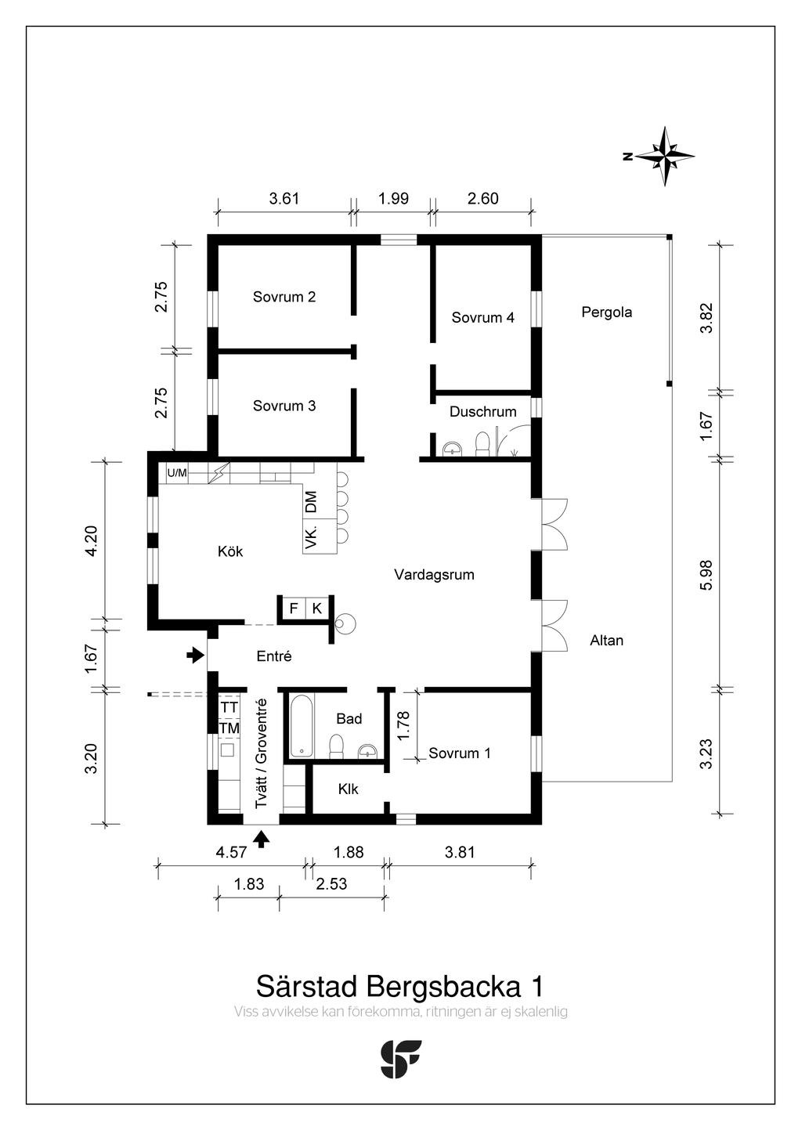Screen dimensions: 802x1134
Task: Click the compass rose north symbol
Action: click(x=664, y=156)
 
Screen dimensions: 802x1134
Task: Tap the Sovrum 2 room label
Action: click(x=284, y=297)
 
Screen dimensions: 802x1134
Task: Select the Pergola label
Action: click(x=606, y=312)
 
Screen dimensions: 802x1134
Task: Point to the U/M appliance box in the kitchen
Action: click(x=177, y=473)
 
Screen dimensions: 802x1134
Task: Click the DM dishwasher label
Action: click(x=311, y=501)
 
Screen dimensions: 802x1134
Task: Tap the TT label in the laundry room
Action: click(x=229, y=707)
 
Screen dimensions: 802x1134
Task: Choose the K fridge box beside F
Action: click(x=317, y=608)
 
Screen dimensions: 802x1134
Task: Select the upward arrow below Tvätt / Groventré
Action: click(x=262, y=839)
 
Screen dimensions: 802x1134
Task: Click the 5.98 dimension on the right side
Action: click(x=706, y=575)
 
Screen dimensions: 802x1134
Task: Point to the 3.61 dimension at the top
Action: click(x=284, y=198)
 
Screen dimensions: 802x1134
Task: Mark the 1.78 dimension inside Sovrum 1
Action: click(x=403, y=725)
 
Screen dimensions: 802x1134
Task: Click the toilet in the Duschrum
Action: click(x=482, y=443)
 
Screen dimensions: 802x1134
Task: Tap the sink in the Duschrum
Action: click(x=452, y=448)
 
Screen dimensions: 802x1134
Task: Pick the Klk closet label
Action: click(x=349, y=789)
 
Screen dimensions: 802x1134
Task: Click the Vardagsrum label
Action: click(x=434, y=575)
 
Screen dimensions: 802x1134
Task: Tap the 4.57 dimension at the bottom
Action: click(x=231, y=852)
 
